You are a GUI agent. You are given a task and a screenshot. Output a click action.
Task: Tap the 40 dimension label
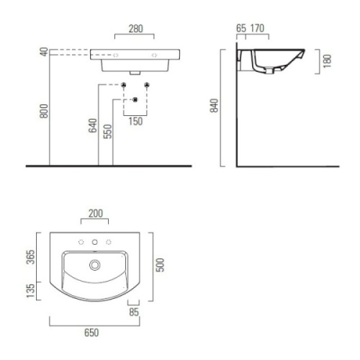(44, 53)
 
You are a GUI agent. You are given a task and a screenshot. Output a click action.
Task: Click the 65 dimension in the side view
(240, 29)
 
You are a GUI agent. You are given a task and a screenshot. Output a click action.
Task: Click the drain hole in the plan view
(94, 266)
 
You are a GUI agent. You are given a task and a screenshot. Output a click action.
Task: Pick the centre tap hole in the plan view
(94, 242)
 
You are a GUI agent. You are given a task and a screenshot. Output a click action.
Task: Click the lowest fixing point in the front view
(135, 99)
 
